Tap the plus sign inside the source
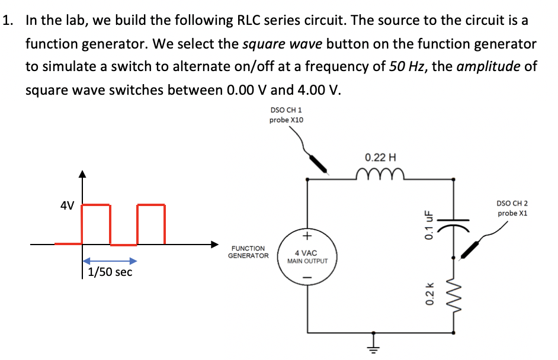click(x=306, y=236)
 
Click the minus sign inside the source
click(x=306, y=277)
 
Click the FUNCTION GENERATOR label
click(x=248, y=252)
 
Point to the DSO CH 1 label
click(x=286, y=110)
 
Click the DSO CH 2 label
click(x=512, y=203)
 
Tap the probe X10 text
click(x=286, y=120)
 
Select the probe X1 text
click(x=512, y=213)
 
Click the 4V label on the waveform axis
click(x=67, y=206)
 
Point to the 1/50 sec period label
click(x=110, y=272)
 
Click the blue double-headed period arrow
click(x=110, y=261)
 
